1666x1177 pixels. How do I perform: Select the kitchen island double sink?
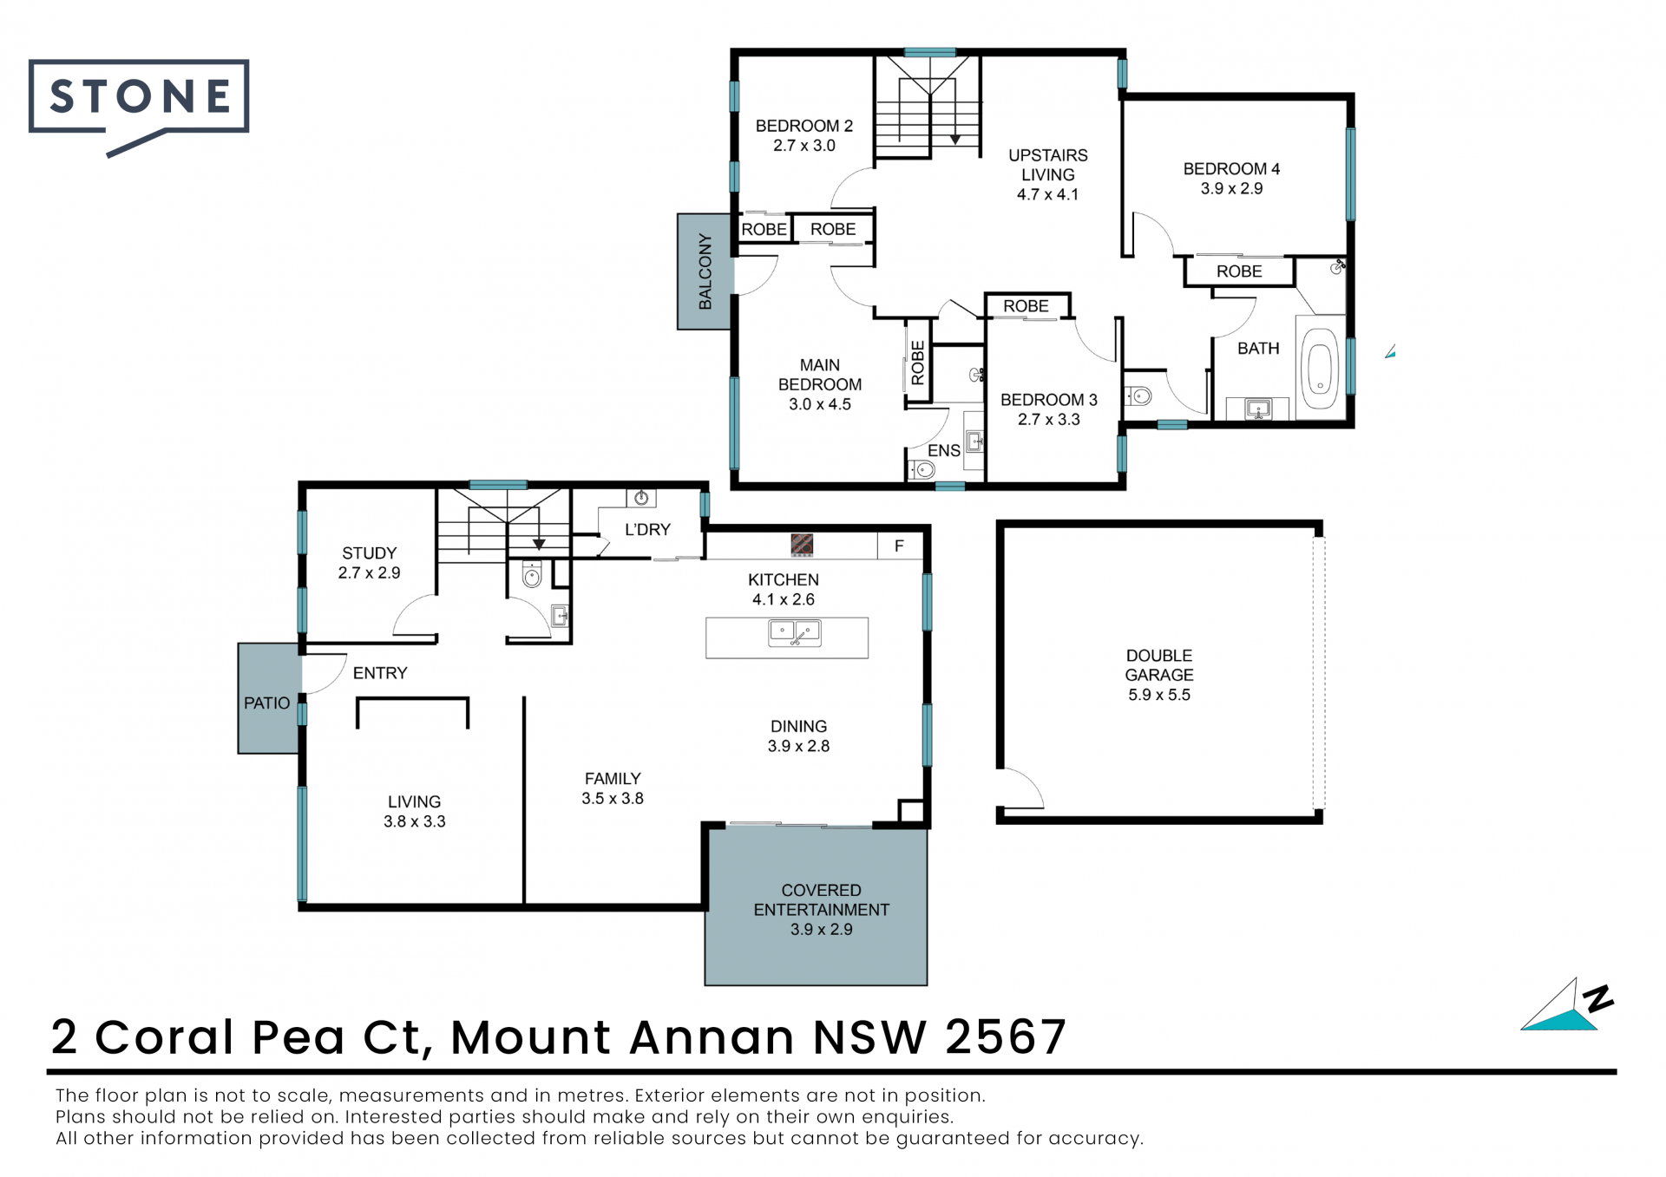(x=794, y=634)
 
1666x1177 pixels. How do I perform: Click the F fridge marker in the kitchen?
(x=899, y=546)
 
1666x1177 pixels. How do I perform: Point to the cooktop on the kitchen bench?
(x=802, y=545)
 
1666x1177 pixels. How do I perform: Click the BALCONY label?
(x=705, y=271)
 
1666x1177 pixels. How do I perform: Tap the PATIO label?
(x=266, y=703)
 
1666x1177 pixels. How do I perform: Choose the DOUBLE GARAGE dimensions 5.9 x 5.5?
(x=1159, y=695)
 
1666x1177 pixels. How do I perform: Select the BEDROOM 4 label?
(x=1231, y=169)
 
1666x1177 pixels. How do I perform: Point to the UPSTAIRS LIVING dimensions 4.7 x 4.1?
(x=1047, y=195)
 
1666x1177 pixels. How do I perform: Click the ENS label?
(x=944, y=451)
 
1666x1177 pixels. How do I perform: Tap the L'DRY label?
(x=647, y=530)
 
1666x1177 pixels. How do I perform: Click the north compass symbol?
(x=1567, y=1005)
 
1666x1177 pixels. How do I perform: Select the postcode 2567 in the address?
(x=1006, y=1036)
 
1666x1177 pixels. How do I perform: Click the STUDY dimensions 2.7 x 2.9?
(x=369, y=573)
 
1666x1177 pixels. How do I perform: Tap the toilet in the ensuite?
(x=922, y=470)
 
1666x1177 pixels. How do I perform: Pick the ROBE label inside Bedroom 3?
(x=1026, y=306)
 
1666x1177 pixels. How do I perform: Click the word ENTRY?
(x=379, y=673)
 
